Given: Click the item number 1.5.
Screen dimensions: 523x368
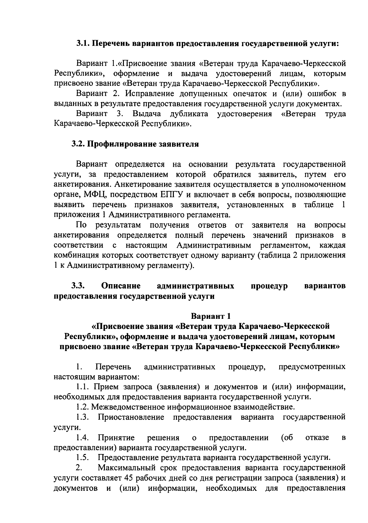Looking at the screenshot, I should pyautogui.click(x=83, y=458).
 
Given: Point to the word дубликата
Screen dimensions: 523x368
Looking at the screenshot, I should pyautogui.click(x=189, y=114).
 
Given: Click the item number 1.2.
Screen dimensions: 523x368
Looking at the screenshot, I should pyautogui.click(x=83, y=407).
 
